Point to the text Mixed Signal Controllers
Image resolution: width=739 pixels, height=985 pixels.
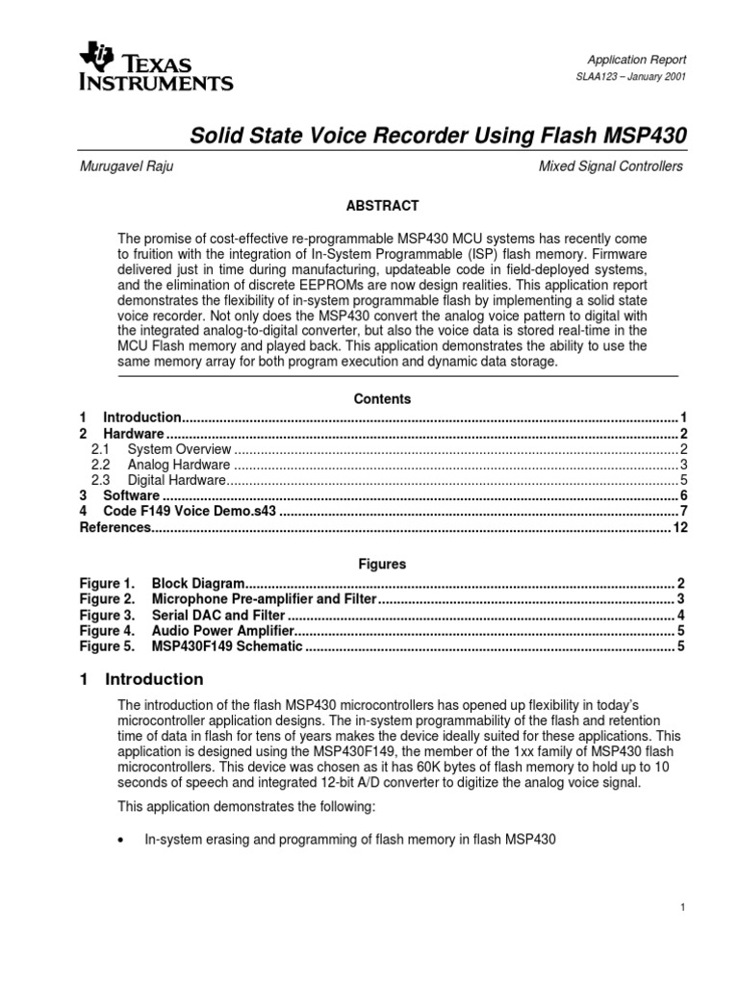611,166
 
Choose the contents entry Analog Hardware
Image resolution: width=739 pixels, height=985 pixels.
178,465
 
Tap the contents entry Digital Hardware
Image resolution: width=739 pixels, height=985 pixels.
176,480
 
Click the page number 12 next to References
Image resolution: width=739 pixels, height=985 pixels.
679,528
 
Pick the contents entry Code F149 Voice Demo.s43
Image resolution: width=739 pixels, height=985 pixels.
190,512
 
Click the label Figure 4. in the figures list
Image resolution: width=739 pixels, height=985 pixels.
106,630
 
